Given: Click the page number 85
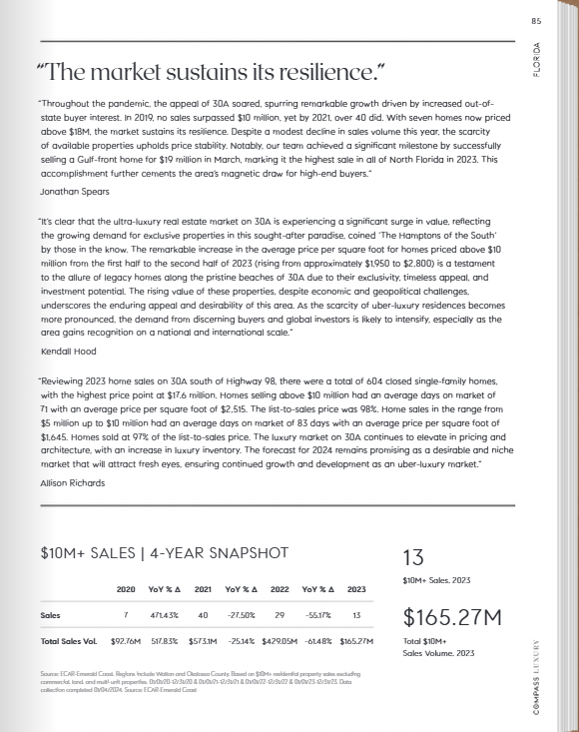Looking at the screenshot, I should [536, 21].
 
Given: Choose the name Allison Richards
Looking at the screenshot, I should [71, 481].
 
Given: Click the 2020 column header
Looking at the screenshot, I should [126, 589].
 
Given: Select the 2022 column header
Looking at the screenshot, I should [280, 589].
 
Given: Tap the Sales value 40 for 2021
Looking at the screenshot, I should [203, 615].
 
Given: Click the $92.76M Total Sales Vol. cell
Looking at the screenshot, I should [125, 639].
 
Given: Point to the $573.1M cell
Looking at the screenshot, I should [202, 639].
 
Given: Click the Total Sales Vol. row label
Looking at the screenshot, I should [68, 639].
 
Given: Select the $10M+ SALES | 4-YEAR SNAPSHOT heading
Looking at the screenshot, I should [164, 552].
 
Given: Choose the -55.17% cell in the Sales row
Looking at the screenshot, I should [316, 615].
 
